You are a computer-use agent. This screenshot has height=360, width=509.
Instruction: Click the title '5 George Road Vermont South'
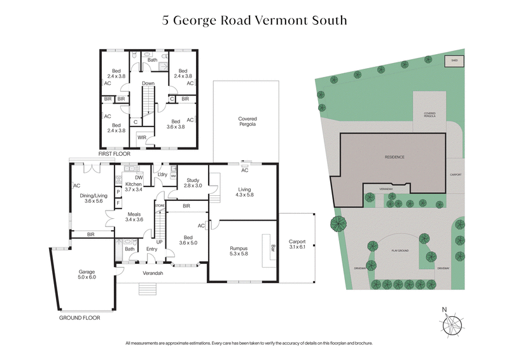pos(254,20)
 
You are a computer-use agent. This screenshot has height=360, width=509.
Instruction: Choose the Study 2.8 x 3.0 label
pos(192,183)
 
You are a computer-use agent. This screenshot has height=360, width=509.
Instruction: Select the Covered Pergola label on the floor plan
pos(247,122)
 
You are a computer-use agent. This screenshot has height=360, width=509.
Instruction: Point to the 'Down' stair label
pos(148,83)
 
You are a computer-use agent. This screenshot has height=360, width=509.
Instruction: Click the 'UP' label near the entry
pos(159,242)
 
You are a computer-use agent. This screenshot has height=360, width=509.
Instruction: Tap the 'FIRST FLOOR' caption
pos(114,154)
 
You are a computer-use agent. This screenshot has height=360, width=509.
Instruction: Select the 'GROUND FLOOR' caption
pos(79,317)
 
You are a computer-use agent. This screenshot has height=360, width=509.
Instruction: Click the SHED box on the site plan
pos(454,61)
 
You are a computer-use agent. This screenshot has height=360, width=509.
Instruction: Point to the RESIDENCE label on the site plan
pos(394,156)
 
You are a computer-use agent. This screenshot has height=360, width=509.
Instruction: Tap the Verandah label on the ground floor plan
pos(153,273)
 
